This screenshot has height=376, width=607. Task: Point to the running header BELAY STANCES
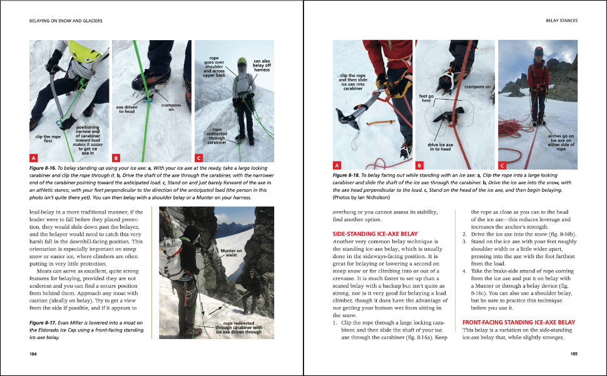coord(561,21)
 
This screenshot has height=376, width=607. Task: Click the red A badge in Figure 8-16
coord(34,158)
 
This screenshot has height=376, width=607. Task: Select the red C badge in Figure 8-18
coord(502,165)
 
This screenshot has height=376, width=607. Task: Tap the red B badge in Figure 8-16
coord(116,158)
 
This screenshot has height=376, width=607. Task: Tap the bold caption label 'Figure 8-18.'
coord(348,176)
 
